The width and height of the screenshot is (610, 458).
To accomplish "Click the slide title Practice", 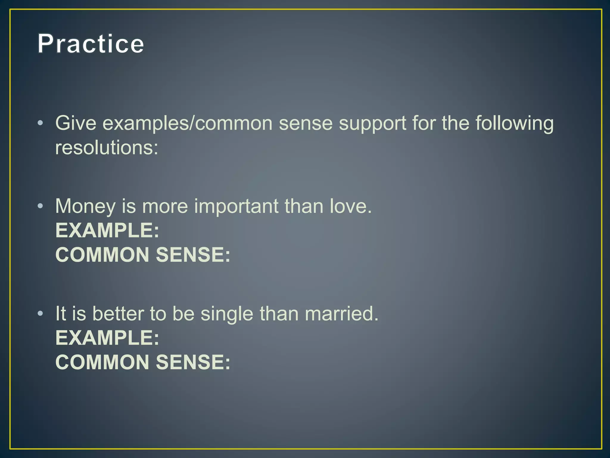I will (x=91, y=44).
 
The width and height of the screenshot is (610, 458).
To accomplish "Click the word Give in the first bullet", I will (x=76, y=123).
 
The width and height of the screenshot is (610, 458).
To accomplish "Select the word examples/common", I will (x=187, y=124).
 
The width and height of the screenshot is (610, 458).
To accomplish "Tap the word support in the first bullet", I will (x=372, y=124).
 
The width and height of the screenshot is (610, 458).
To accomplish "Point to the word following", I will (x=514, y=124).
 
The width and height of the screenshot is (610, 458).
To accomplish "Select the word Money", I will (x=85, y=207).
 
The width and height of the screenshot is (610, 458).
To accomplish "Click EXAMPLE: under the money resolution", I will (x=107, y=230).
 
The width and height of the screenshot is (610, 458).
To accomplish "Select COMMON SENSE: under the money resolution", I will (x=143, y=255).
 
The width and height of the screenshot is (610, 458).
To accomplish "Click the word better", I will (x=118, y=314).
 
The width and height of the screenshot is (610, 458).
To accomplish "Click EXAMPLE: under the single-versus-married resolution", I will (x=107, y=338).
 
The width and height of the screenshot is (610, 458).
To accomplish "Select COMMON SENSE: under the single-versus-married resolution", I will (x=143, y=362).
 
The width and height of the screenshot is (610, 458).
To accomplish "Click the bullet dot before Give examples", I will (x=41, y=123).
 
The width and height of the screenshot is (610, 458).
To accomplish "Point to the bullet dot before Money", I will (x=41, y=206).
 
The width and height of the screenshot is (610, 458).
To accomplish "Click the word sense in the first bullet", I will (x=306, y=124).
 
